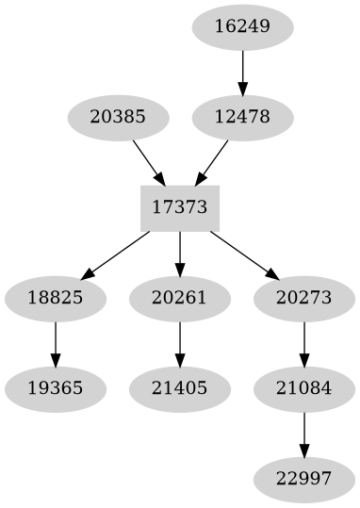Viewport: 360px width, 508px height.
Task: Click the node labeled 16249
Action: pos(242,26)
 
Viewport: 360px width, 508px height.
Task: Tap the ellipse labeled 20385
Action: pos(119,118)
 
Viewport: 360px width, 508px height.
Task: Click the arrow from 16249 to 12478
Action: pos(242,72)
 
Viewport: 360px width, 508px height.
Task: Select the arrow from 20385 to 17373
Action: pos(149,162)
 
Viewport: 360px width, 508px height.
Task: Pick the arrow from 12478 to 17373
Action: pos(212,162)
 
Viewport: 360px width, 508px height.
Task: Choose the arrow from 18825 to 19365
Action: pos(56,344)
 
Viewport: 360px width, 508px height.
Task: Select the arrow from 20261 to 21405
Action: pos(180,344)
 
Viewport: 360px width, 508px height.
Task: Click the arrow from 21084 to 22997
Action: pos(304,434)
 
